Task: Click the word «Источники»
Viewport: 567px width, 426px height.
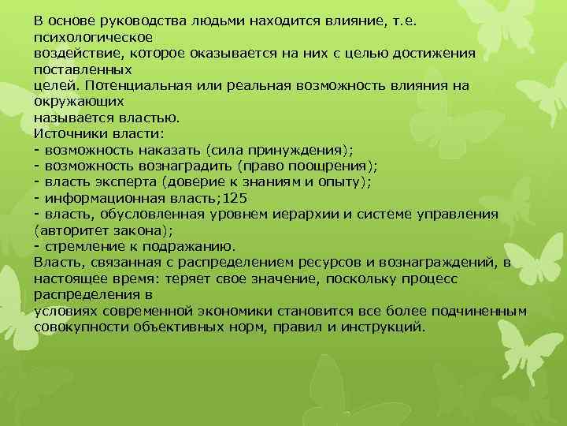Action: click(x=69, y=134)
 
